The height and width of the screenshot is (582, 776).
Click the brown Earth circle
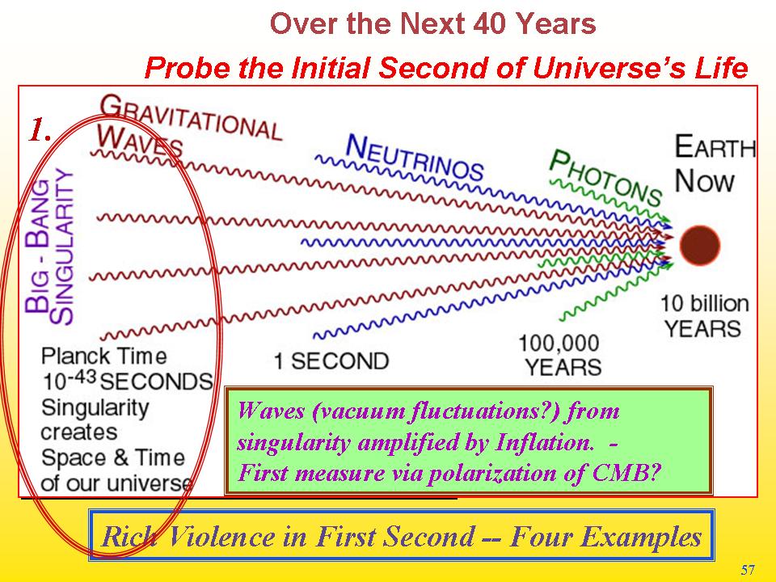click(x=699, y=246)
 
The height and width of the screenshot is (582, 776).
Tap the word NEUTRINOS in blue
click(x=414, y=158)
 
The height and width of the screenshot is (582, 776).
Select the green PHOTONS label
click(x=605, y=177)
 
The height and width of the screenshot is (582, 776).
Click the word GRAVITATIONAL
click(x=191, y=117)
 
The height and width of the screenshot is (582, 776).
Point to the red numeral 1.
click(x=39, y=130)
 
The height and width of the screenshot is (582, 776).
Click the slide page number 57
click(x=748, y=570)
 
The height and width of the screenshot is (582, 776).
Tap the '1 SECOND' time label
click(x=331, y=361)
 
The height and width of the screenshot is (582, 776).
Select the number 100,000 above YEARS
click(x=559, y=343)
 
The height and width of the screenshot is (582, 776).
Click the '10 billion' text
click(x=705, y=303)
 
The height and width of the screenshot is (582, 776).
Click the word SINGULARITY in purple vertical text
click(x=64, y=246)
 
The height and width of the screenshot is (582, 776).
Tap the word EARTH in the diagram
click(x=715, y=146)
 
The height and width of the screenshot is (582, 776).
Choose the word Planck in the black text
click(x=75, y=356)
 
